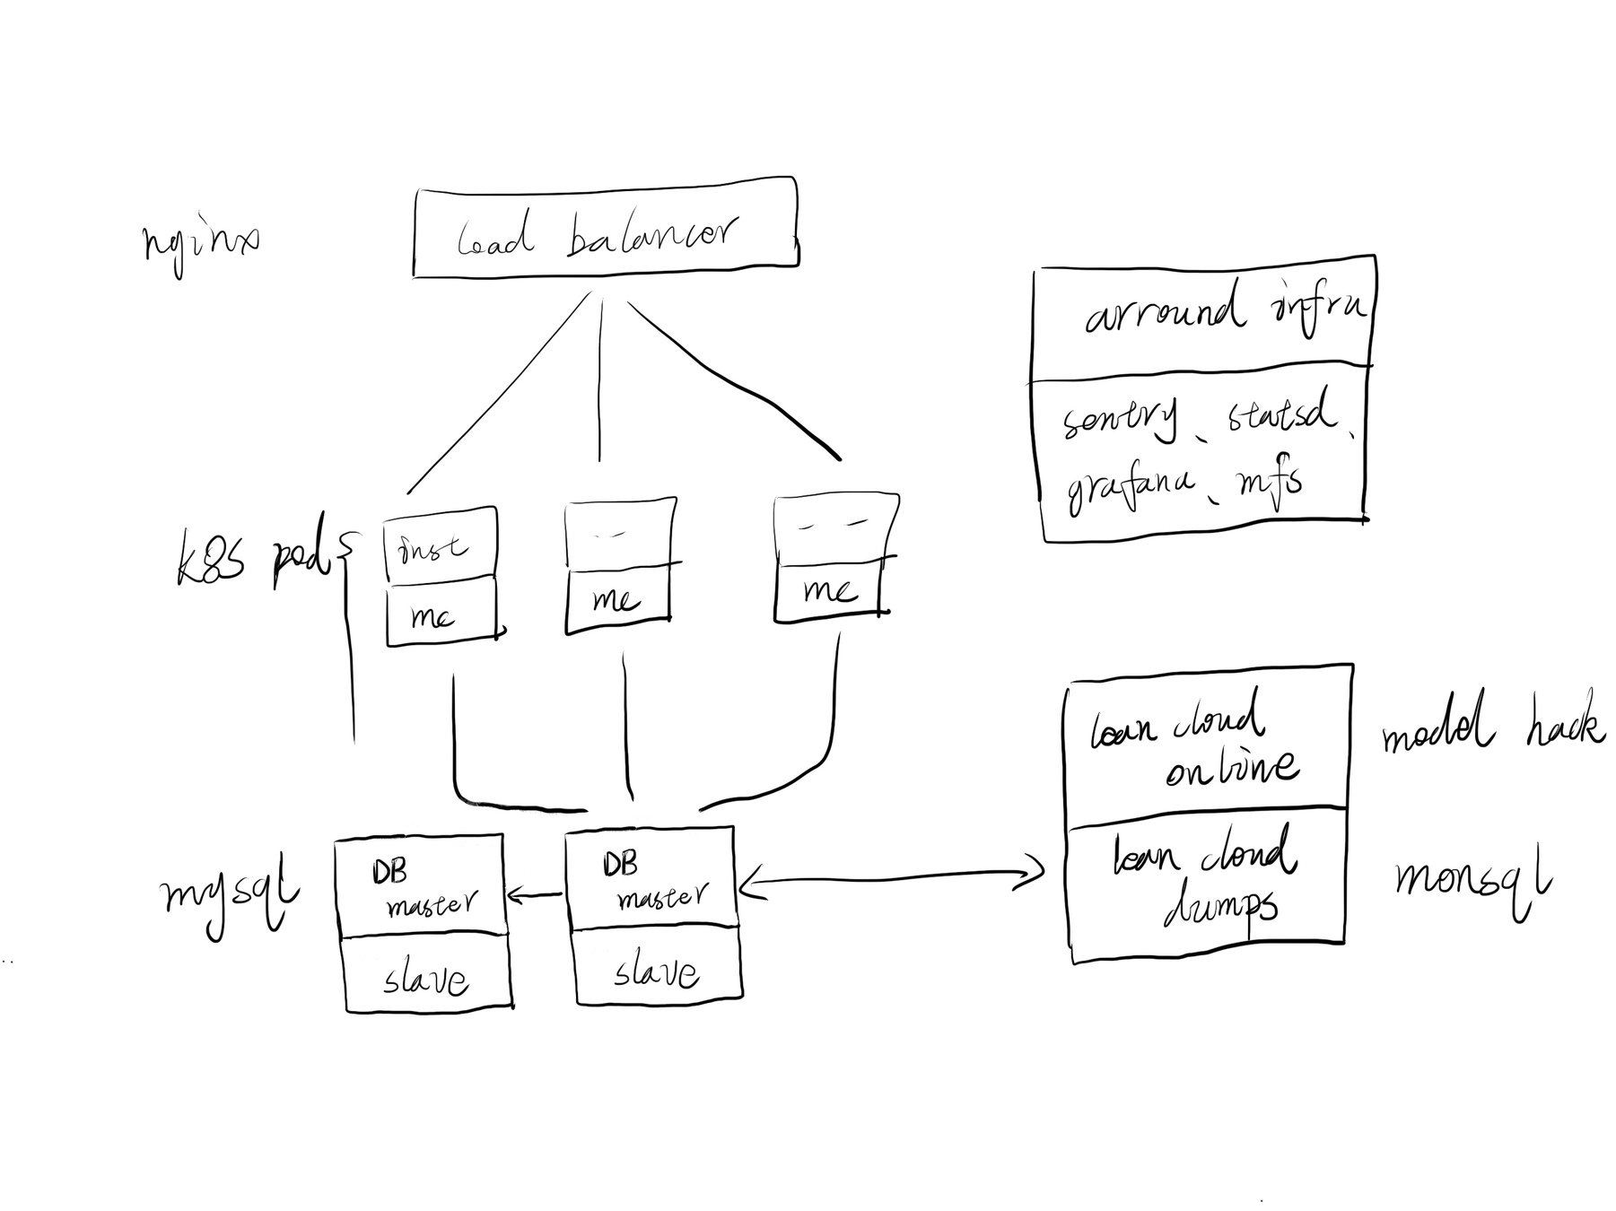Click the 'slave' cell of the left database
(426, 978)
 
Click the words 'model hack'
(1490, 732)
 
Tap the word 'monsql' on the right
(1472, 884)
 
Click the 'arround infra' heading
(1225, 314)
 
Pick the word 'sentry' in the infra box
(1122, 422)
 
